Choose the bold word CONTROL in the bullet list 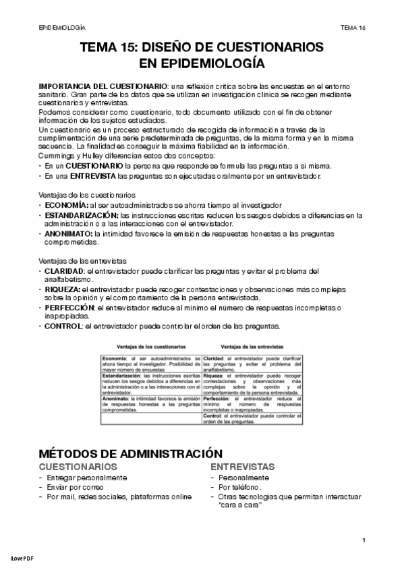(x=63, y=326)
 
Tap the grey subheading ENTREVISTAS (x=242, y=467)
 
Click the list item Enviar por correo (x=77, y=487)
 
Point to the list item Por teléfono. (x=240, y=487)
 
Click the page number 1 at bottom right (x=364, y=540)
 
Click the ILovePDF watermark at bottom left (x=22, y=559)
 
